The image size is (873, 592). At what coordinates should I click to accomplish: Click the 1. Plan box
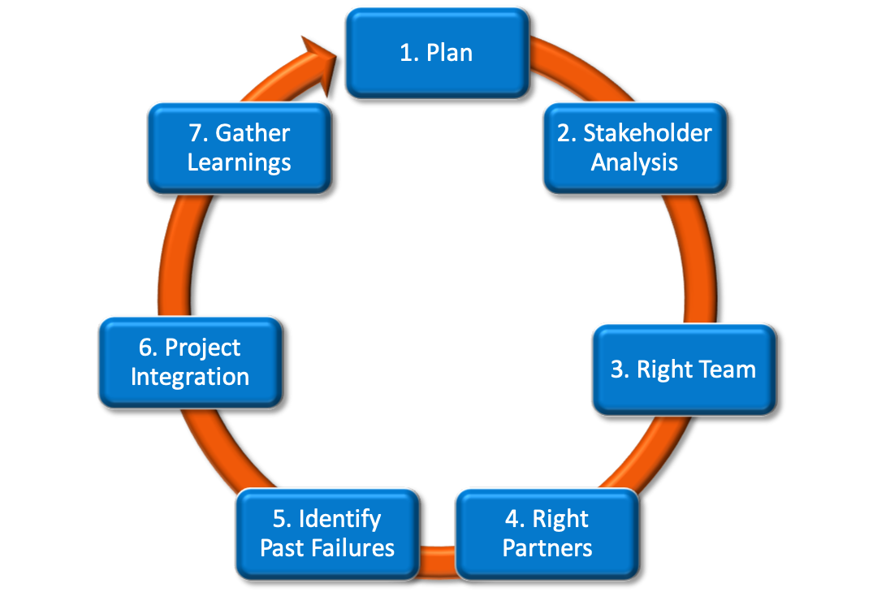437,53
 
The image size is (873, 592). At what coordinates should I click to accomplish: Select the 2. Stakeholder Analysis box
634,147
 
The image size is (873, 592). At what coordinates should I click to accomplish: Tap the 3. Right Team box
683,369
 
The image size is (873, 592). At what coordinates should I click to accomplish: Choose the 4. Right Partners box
547,533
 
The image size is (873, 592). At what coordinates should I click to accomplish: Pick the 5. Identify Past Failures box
327,533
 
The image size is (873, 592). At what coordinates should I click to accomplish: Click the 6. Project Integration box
190,362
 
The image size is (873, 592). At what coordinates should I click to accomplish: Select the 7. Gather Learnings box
239,147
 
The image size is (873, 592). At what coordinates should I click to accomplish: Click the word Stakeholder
647,133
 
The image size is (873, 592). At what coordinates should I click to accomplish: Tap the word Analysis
634,162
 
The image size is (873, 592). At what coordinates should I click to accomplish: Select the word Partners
547,547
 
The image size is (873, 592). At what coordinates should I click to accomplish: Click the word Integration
190,377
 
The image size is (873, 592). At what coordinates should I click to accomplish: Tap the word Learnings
239,162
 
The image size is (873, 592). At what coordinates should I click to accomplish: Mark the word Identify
339,519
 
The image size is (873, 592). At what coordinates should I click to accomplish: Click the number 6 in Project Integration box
146,348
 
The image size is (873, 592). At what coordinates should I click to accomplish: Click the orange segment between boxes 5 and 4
438,555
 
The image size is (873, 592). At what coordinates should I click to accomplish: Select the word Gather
252,133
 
